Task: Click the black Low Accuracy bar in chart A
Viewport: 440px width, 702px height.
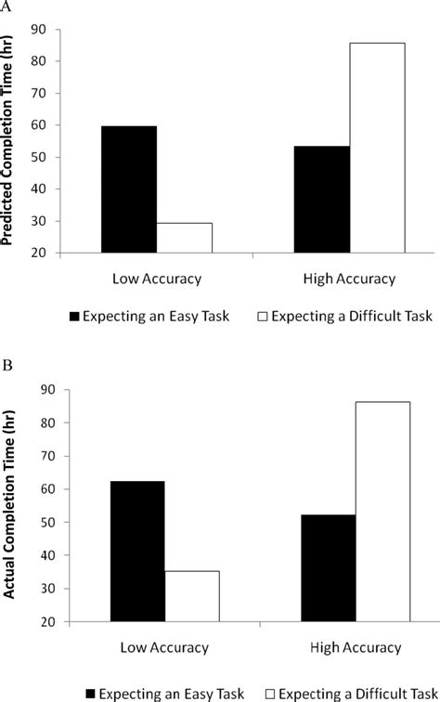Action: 129,189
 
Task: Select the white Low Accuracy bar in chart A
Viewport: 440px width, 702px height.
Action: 185,238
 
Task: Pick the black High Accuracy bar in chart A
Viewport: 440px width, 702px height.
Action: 322,200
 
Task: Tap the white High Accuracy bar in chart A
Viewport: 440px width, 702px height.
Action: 377,148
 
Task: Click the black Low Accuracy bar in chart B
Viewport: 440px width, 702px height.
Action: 137,552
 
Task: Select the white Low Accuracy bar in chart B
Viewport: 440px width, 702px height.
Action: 192,596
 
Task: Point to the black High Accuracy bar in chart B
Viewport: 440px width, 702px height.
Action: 329,568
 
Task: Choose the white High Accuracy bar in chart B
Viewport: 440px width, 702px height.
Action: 382,512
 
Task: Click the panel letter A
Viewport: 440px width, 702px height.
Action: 6,6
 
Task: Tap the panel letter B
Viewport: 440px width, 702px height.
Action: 7,365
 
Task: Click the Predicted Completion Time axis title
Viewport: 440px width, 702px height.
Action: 7,140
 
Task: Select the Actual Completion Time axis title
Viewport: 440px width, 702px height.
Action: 9,504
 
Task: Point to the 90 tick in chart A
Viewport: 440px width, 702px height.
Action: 37,30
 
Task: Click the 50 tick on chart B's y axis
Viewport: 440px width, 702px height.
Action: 47,522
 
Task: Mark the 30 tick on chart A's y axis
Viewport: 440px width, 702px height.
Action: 37,221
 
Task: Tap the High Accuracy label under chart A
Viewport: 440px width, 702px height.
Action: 350,279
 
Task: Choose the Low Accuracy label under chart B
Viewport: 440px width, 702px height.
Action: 164,648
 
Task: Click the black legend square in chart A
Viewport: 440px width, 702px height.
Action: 74,317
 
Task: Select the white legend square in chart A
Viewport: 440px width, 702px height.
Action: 263,317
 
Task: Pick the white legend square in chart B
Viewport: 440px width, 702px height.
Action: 270,695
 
